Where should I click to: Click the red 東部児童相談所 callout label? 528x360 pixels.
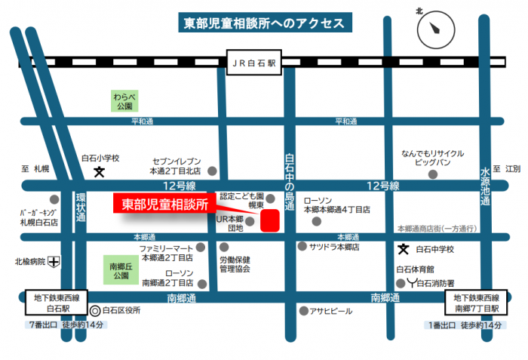tap(165, 204)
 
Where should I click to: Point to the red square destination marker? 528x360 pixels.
tap(269, 220)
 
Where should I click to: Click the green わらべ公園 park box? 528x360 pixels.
tap(124, 101)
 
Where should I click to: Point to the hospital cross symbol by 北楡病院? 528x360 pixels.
tap(54, 263)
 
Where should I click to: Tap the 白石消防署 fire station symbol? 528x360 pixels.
tap(410, 283)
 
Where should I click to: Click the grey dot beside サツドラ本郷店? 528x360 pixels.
tap(302, 247)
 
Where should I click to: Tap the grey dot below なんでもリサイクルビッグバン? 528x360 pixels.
tap(432, 174)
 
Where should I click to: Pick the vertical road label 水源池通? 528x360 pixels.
tap(486, 186)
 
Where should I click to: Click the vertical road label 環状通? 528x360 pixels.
tap(81, 207)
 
